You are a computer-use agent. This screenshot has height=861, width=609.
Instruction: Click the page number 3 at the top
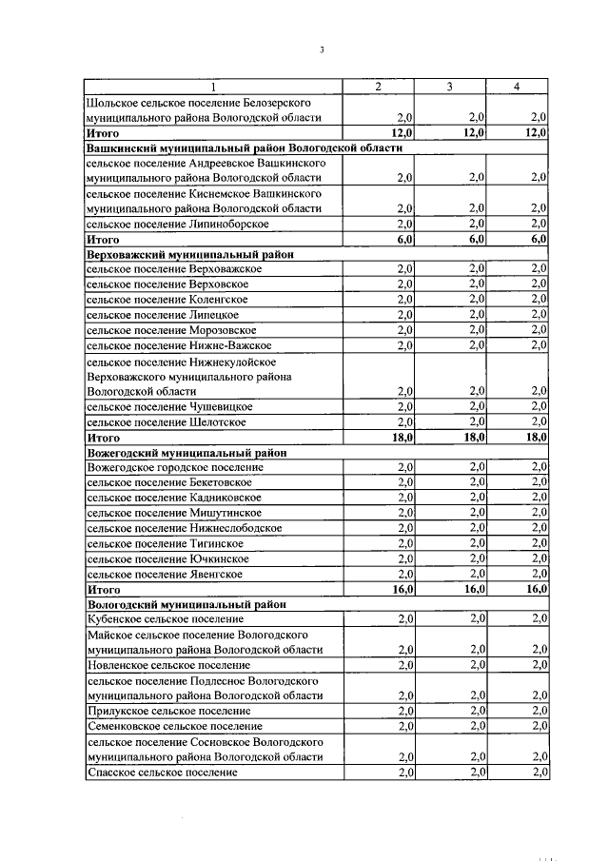tap(322, 50)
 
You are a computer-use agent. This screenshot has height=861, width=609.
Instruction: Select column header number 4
tap(516, 87)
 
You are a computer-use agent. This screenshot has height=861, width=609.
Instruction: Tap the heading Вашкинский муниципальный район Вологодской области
tap(245, 148)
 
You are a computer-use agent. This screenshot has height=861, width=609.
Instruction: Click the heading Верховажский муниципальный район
tap(190, 255)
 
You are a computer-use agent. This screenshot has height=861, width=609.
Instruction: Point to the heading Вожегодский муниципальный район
tap(187, 453)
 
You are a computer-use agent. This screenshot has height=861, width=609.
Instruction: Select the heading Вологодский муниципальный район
tap(186, 604)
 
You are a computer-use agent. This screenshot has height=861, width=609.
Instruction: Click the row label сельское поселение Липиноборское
tap(177, 225)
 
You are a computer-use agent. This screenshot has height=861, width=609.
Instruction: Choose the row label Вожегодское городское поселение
tap(175, 467)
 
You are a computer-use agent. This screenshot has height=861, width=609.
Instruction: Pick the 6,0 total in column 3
tap(474, 241)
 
